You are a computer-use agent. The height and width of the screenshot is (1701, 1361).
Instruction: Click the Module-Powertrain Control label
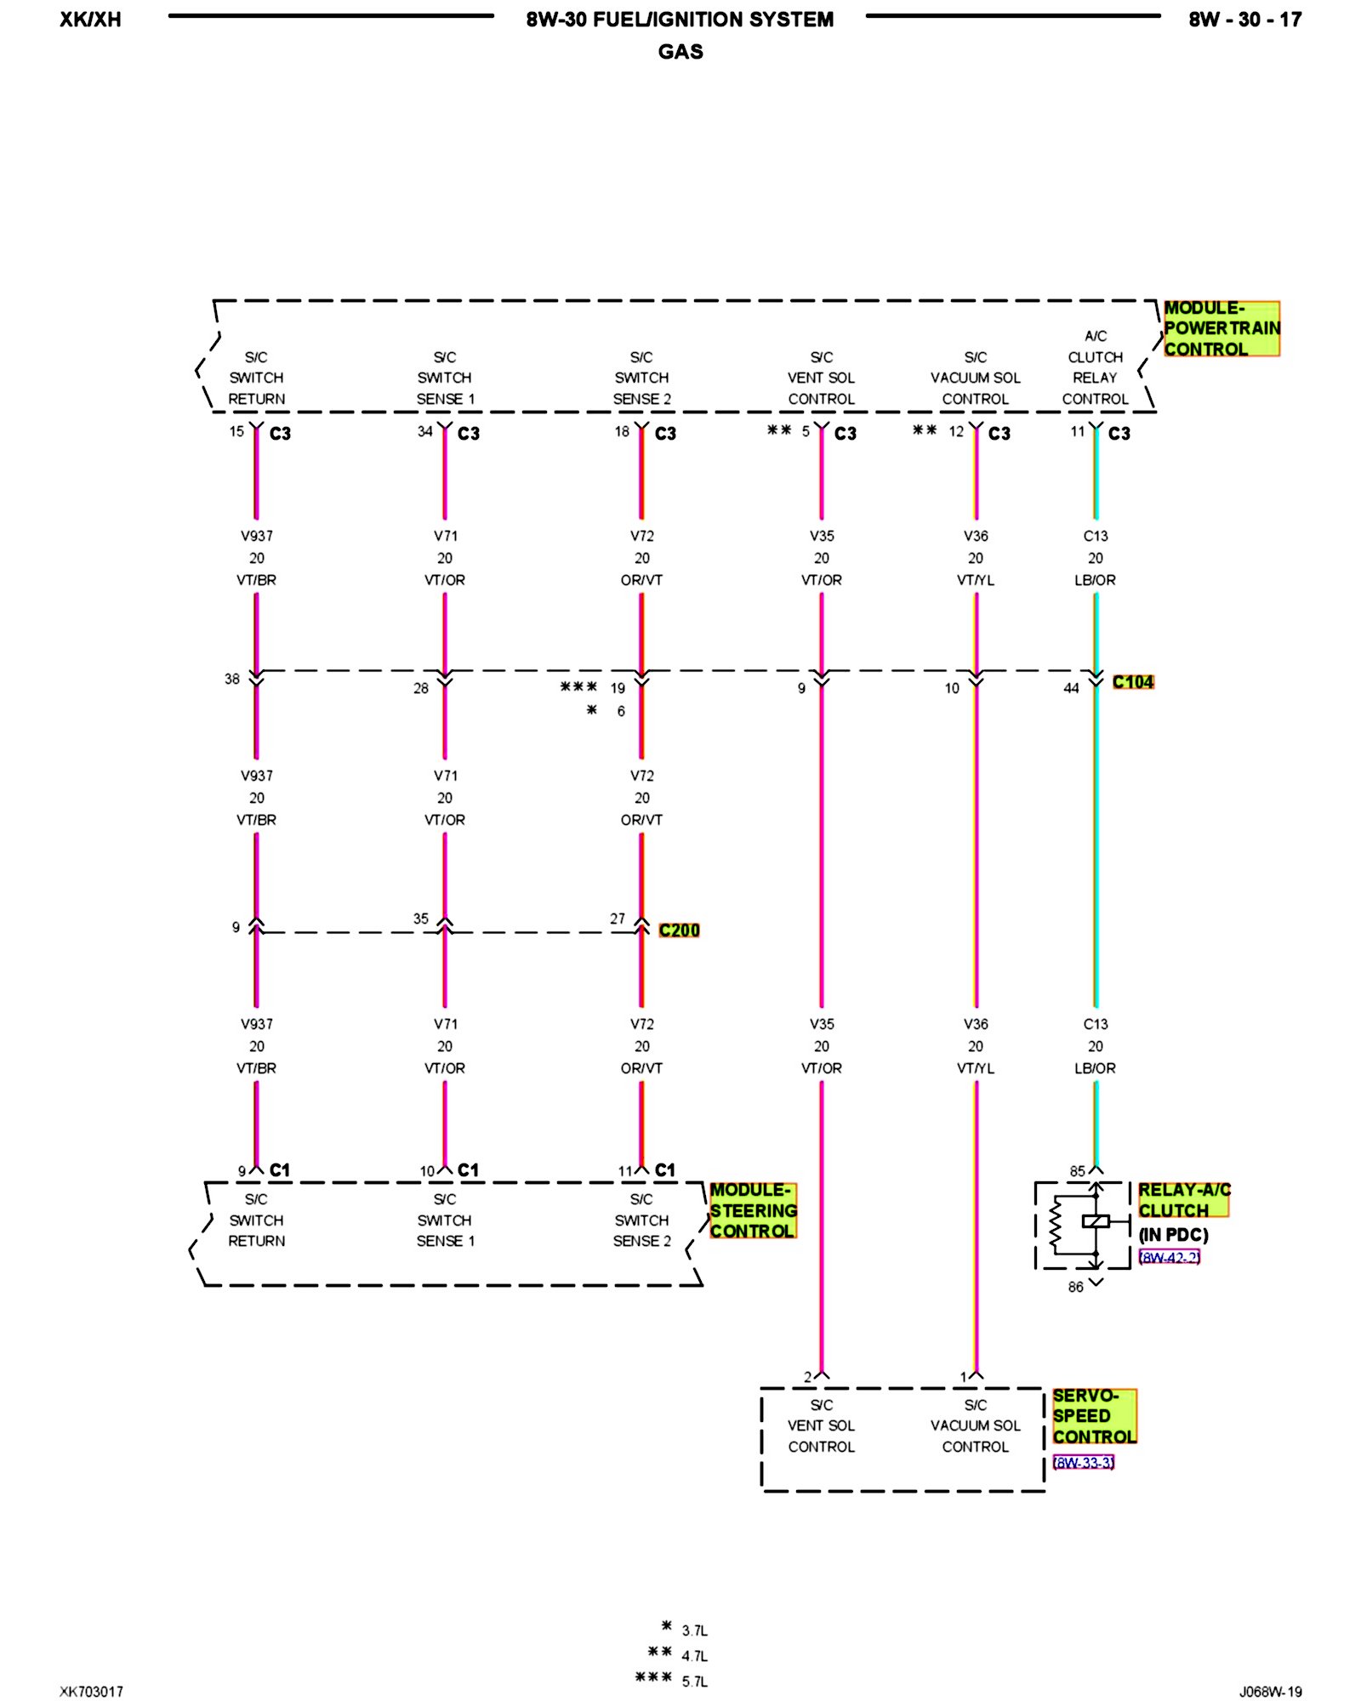[1221, 328]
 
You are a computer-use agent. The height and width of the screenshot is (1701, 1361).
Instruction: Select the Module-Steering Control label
[753, 1209]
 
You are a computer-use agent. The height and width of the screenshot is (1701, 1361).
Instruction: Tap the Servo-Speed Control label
[1094, 1416]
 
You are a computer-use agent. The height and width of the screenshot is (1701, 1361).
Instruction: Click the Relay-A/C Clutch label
[1183, 1199]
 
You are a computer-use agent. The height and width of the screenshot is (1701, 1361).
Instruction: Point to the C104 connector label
[1132, 682]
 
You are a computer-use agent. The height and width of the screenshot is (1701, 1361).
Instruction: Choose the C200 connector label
[679, 930]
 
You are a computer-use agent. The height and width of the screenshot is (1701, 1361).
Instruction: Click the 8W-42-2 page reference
[1169, 1257]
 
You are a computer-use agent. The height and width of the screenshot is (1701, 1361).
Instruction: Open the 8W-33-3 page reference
[1083, 1462]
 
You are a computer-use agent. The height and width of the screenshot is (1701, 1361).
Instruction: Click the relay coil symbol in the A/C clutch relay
[1096, 1221]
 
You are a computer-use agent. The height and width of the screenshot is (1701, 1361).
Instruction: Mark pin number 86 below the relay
[1075, 1287]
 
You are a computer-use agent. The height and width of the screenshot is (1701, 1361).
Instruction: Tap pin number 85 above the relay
[1077, 1171]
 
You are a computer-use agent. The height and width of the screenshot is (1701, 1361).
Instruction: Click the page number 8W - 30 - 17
[1244, 20]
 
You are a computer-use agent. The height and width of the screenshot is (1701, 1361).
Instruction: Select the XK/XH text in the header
[90, 20]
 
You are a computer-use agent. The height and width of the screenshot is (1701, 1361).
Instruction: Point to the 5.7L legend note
[694, 1681]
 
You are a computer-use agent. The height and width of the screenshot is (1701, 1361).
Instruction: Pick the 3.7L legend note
[694, 1630]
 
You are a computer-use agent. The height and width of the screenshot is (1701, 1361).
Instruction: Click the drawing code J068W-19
[1270, 1692]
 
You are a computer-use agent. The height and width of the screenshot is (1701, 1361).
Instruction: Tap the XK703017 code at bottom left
[91, 1692]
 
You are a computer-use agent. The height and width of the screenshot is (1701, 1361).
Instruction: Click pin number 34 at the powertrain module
[424, 431]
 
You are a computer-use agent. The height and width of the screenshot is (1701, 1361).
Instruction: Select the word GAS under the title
[680, 52]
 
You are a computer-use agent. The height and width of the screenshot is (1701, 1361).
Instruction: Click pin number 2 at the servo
[807, 1377]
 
